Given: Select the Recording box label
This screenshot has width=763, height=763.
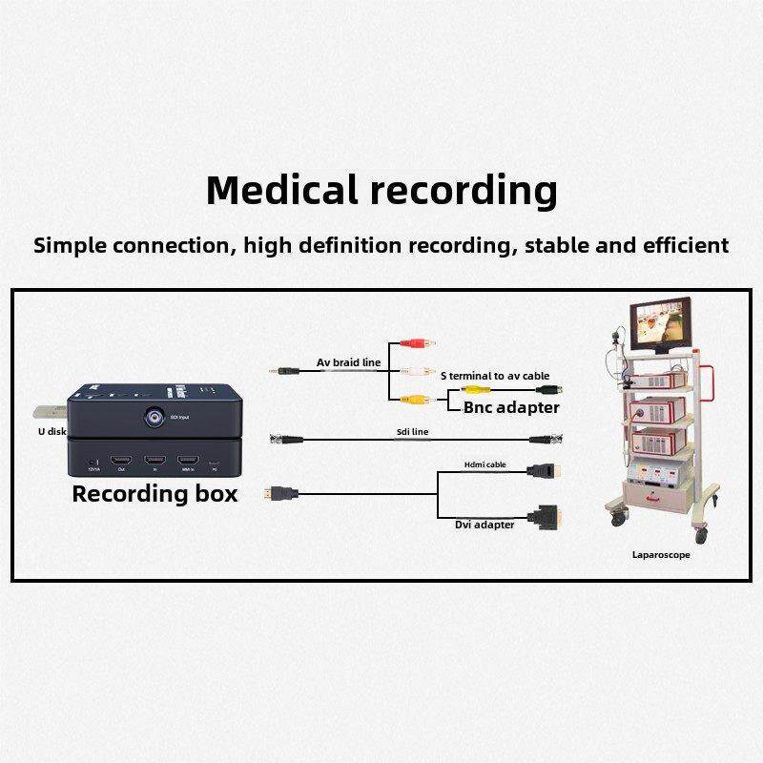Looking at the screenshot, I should point(155,494).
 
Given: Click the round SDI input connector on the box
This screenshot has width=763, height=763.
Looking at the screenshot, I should point(153,417).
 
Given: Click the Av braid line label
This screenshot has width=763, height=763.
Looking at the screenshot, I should point(348,362).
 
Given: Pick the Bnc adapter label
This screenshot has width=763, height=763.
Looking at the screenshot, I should point(511,407).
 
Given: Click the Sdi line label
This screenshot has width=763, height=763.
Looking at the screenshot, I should point(412,432).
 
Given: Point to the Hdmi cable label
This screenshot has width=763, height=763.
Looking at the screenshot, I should point(485,464).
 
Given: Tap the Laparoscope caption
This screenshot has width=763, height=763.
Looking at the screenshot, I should point(660,554).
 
